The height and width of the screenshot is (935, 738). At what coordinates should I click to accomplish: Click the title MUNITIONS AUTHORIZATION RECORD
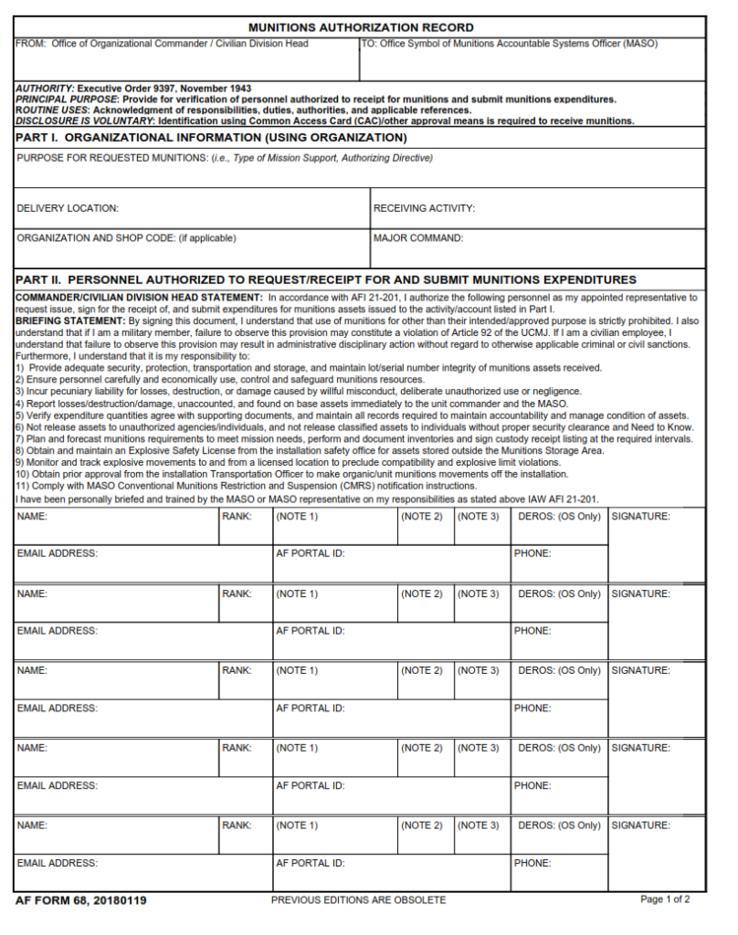pos(361,27)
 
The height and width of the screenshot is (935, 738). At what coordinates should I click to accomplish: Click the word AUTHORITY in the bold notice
pos(45,89)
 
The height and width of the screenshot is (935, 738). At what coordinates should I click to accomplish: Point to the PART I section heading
pos(211,138)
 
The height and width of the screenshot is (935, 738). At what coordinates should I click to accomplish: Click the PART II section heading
pos(326,279)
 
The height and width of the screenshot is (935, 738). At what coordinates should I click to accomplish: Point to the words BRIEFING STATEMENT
pos(69,321)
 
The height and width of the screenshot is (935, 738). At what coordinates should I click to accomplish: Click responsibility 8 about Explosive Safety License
pos(311,451)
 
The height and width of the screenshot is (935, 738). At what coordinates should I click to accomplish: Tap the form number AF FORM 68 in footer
pos(80,900)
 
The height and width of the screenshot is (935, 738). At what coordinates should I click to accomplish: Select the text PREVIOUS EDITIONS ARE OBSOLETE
pos(358,900)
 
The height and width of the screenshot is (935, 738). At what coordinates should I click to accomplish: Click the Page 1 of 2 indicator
pos(671,899)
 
